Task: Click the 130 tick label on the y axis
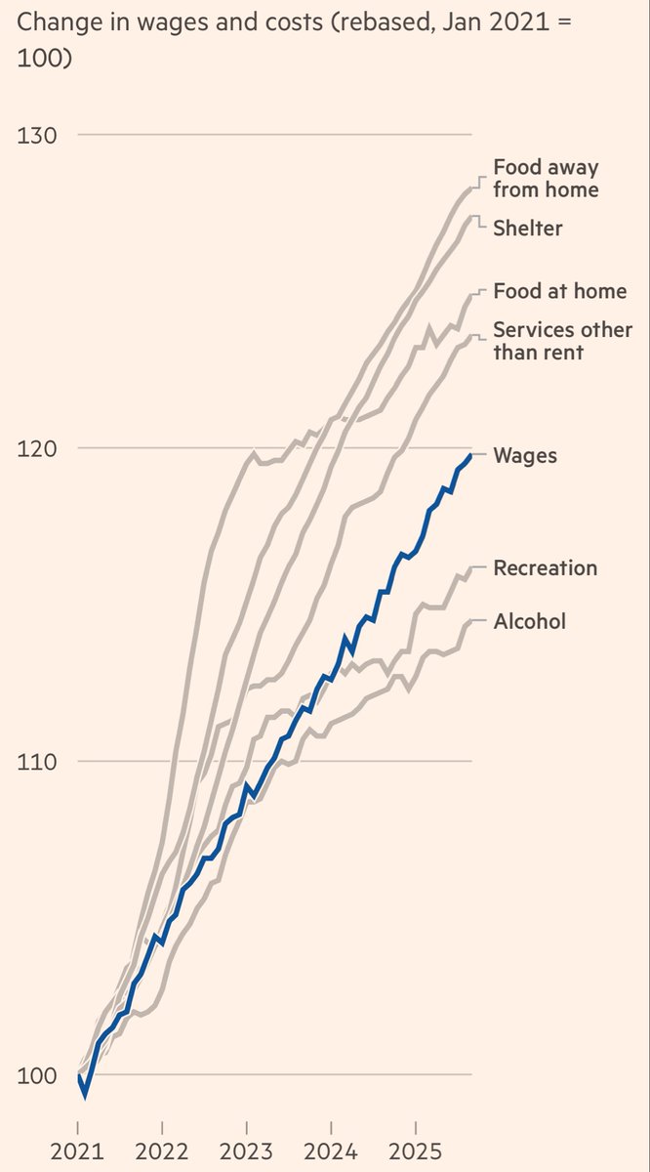click(x=37, y=135)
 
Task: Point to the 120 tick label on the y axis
click(x=37, y=448)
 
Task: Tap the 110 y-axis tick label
click(x=37, y=762)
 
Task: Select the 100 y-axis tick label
click(x=37, y=1075)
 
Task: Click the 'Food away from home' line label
click(x=546, y=178)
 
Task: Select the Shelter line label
click(x=528, y=228)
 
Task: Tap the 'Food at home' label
click(x=559, y=291)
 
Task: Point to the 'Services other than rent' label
click(x=562, y=341)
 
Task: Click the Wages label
click(x=525, y=455)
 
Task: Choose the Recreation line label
click(x=545, y=567)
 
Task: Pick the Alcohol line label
click(x=529, y=621)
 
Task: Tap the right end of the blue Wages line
click(x=471, y=455)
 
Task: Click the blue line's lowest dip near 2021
click(x=85, y=1095)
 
